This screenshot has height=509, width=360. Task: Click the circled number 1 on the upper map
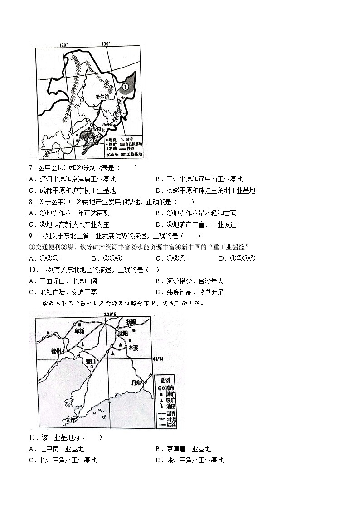pos(125,86)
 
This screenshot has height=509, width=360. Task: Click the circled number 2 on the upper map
pos(91,141)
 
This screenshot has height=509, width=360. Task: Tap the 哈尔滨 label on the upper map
pos(103,97)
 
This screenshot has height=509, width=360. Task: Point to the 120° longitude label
pos(63,44)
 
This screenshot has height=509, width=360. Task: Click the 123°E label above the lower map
pos(110,314)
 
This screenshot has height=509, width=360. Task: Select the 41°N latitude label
pos(158,359)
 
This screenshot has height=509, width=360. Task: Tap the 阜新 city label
pos(79,331)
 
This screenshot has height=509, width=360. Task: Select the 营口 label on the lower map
pos(91,362)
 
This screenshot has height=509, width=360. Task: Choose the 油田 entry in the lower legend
pos(170,407)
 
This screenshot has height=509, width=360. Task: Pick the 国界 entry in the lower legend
pos(170,413)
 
